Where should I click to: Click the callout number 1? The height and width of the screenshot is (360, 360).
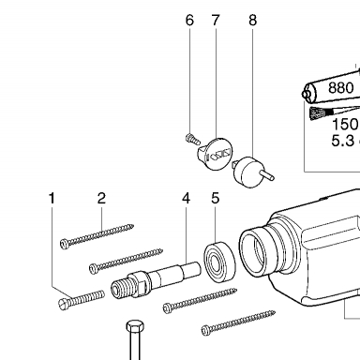(52, 198)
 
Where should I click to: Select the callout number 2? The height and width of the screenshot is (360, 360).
(101, 198)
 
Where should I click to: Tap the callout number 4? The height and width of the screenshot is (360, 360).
(187, 198)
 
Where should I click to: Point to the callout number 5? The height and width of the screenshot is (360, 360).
(216, 198)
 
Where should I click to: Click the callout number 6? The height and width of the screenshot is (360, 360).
(189, 21)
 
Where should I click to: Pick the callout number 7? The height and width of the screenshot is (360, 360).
(216, 21)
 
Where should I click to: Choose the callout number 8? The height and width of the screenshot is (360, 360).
(253, 21)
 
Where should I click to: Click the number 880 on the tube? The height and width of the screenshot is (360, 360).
(341, 88)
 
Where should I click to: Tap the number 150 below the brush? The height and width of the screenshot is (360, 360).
(345, 124)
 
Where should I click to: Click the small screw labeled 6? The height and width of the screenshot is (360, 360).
(192, 139)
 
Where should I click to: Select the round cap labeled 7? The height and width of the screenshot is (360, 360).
(217, 154)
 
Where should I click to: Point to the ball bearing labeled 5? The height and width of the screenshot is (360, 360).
(219, 262)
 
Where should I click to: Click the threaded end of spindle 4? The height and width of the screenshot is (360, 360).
(120, 288)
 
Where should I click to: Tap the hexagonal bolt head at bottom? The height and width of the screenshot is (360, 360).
(135, 326)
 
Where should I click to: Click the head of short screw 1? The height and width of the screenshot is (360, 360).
(64, 304)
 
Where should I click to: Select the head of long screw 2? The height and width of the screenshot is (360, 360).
(65, 244)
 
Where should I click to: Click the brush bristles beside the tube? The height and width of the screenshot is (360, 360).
(318, 113)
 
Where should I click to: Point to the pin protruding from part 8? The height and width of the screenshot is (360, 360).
(268, 174)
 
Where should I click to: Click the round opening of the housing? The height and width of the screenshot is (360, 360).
(255, 250)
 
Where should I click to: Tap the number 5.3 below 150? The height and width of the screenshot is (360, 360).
(343, 141)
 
